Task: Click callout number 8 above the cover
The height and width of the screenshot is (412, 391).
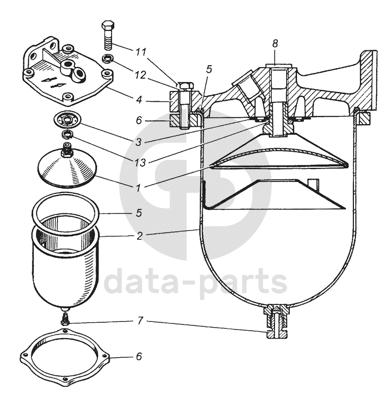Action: tap(275, 44)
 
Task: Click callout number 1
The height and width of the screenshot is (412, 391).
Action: tap(139, 187)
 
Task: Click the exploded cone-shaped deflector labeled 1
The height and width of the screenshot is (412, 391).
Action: tap(67, 169)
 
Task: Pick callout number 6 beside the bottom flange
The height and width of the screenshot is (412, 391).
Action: tap(139, 357)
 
